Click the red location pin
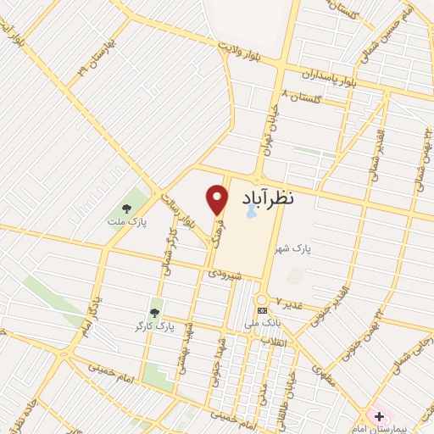point(218,198)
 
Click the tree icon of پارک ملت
point(127,208)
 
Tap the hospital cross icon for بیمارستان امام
point(378,416)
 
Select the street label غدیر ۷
point(287,304)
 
